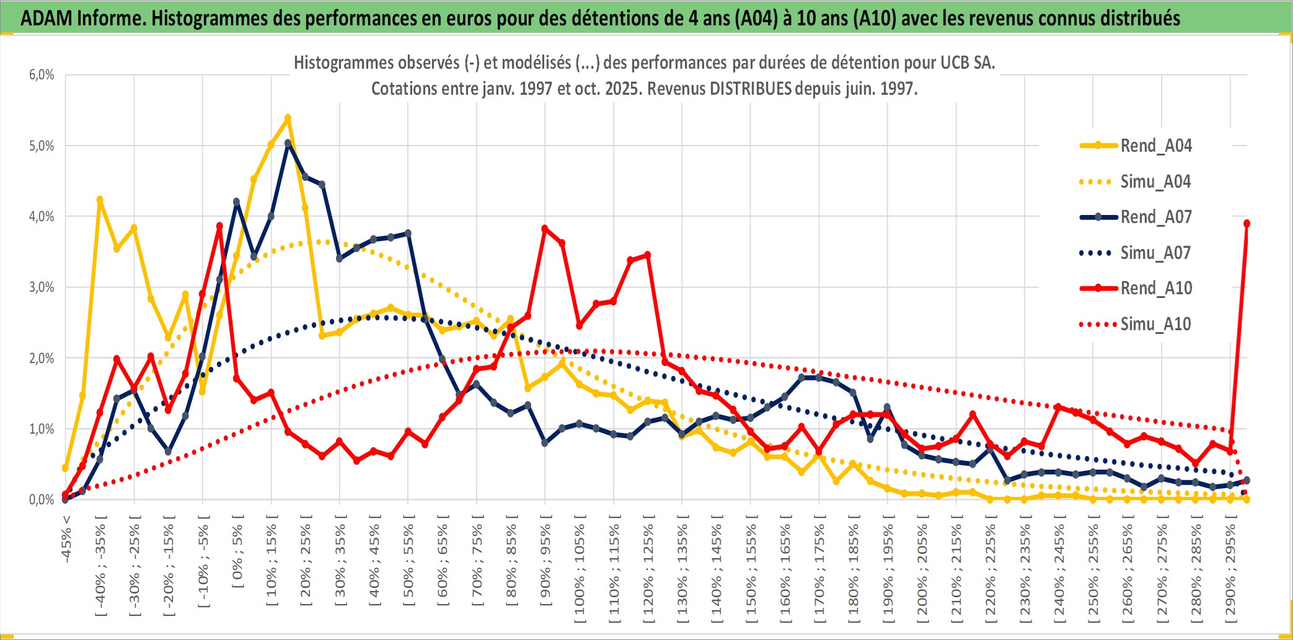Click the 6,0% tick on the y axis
coord(42,75)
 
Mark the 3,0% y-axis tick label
coord(42,287)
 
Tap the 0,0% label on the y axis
coord(42,500)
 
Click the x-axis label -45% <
coord(66,539)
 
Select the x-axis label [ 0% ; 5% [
coord(238,551)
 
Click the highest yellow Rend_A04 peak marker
coord(288,118)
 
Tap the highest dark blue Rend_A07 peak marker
coord(288,143)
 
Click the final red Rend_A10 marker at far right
coord(1247,224)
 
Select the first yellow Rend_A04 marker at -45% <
coord(65,468)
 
